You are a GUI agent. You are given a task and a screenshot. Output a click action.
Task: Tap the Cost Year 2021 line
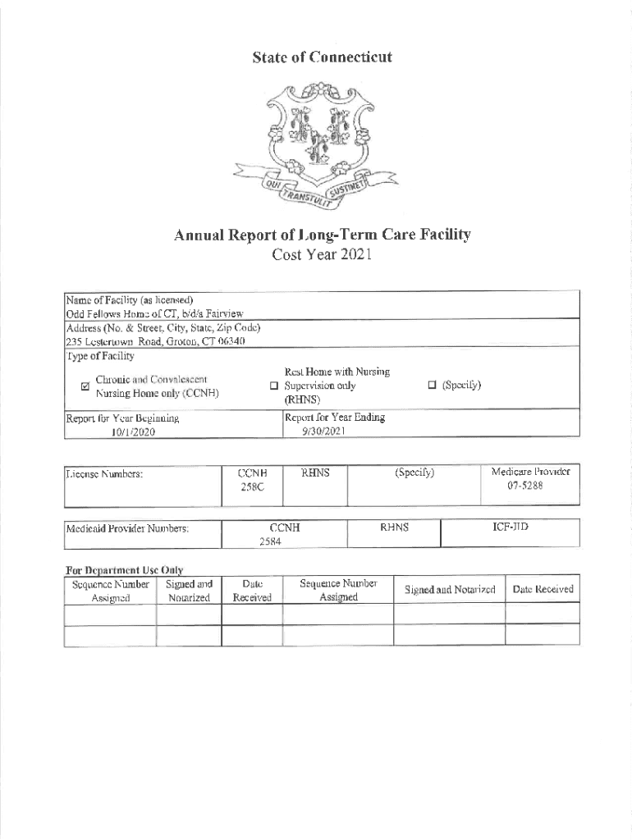point(322,254)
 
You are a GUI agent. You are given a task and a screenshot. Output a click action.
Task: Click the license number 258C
point(248,487)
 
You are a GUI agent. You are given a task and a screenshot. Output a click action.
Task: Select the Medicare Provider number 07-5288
point(529,486)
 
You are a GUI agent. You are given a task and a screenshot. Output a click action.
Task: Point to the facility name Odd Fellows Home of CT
point(154,313)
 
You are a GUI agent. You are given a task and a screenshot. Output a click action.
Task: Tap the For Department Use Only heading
point(124,569)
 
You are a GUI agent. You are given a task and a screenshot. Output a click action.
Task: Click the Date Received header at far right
point(543,590)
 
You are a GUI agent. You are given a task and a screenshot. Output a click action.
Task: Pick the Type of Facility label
point(100,355)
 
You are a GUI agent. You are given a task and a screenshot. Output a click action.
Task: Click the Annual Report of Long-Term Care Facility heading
point(322,235)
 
